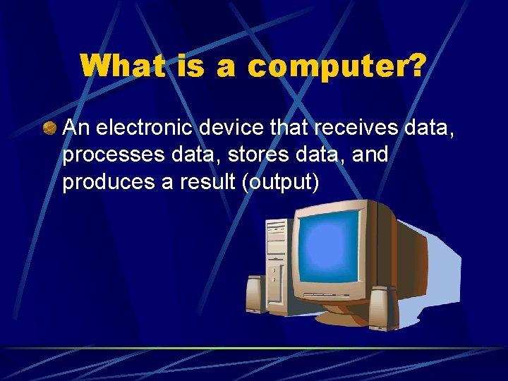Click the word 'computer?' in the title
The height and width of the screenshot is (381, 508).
[337, 67]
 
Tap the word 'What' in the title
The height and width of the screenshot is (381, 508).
[121, 67]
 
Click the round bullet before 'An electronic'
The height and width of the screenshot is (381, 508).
[49, 128]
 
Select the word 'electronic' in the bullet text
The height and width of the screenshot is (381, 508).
[145, 128]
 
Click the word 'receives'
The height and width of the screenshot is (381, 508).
[356, 128]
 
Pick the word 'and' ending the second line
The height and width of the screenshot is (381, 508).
[370, 155]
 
